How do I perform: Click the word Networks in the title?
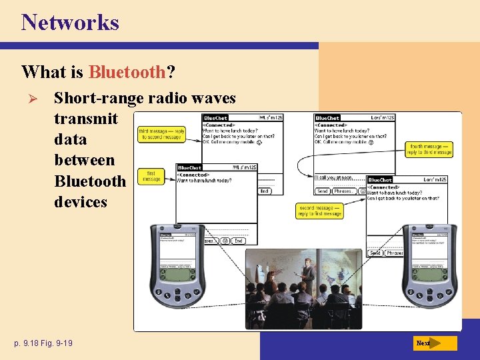coord(70,22)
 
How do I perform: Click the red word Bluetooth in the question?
coord(127,71)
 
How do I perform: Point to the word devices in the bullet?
coord(80,201)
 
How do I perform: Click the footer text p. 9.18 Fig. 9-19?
coord(43,343)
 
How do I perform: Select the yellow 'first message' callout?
coord(151,176)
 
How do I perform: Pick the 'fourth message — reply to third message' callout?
coord(430,149)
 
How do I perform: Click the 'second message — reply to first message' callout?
coord(319,211)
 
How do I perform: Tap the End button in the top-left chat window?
coord(264,191)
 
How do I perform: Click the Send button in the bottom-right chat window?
coord(375,253)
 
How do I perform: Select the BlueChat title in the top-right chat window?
coord(327,118)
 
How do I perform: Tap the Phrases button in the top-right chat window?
coord(344,191)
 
